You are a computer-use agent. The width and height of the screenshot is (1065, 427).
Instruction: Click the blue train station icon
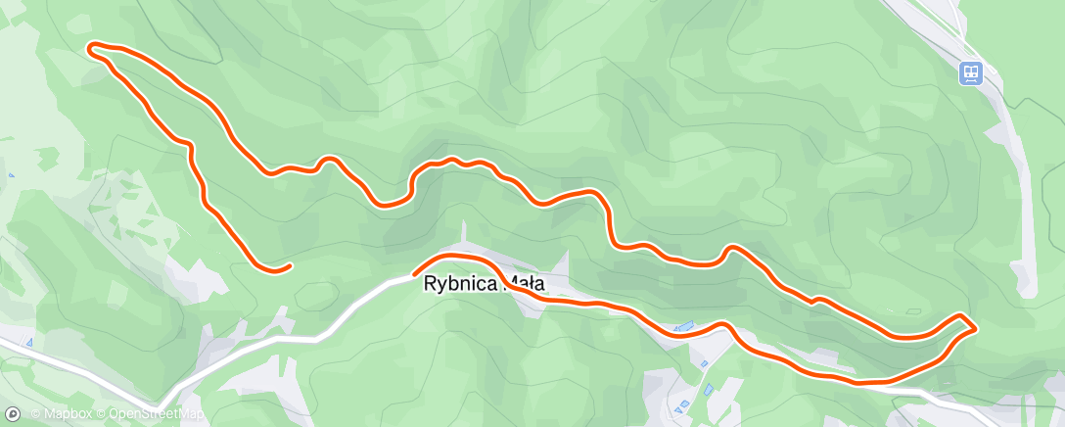pyautogui.click(x=970, y=72)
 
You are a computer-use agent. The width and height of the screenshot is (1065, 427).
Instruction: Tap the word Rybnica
pyautogui.click(x=458, y=285)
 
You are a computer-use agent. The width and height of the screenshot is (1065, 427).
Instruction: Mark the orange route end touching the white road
pyautogui.click(x=416, y=272)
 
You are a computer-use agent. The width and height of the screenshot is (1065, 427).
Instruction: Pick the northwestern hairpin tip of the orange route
pyautogui.click(x=91, y=47)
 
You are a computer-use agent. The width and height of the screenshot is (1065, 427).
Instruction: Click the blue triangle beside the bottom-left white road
pyautogui.click(x=30, y=342)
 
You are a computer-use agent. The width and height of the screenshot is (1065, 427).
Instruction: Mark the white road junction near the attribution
pyautogui.click(x=158, y=403)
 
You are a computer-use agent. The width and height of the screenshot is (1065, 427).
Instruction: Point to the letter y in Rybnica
pyautogui.click(x=440, y=286)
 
